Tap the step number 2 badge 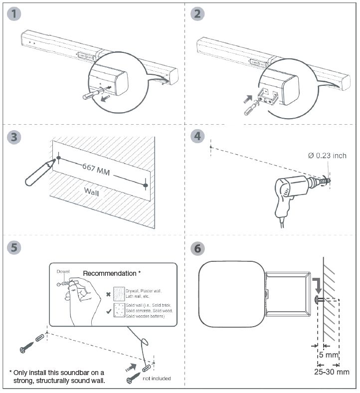click(198, 14)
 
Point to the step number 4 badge click(198, 136)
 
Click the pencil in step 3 click(36, 173)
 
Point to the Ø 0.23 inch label click(327, 156)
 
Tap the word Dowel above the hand click(63, 272)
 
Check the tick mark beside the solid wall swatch click(108, 311)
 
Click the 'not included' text click(157, 379)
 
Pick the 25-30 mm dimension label click(332, 372)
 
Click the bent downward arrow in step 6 click(316, 285)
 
